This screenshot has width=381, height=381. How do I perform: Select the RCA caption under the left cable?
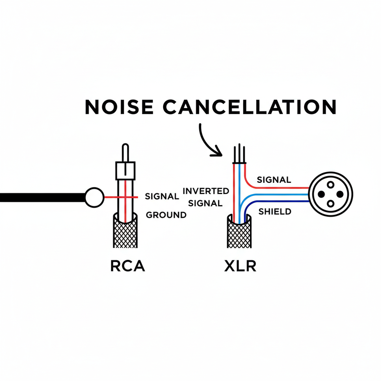[127, 266]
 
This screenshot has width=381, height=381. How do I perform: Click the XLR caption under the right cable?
[240, 266]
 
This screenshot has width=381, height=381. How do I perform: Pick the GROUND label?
[166, 215]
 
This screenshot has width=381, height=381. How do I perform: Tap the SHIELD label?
[275, 211]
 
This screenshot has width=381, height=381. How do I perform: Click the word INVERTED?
[206, 191]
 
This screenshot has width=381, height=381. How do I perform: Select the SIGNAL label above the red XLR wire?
[274, 180]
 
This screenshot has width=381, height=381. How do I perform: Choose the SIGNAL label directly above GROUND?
[162, 197]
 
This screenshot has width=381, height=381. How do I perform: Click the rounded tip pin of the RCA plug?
[125, 152]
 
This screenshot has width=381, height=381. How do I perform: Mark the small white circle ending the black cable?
[94, 197]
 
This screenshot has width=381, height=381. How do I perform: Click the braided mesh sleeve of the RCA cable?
[125, 233]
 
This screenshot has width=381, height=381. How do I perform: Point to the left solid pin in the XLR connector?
[321, 194]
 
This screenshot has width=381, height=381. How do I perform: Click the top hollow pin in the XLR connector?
[331, 184]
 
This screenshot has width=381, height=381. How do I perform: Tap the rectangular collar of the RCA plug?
[125, 170]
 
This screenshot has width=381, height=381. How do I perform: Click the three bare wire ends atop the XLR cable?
[239, 154]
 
